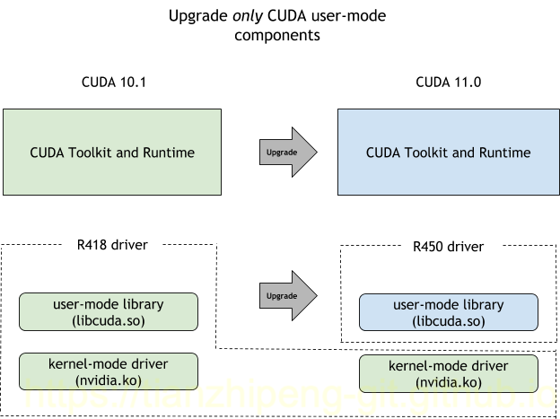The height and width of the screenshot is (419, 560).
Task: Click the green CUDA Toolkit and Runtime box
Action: (x=112, y=152)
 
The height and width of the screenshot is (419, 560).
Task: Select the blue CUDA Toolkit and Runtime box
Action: (x=448, y=152)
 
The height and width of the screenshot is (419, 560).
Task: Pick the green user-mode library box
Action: (x=108, y=311)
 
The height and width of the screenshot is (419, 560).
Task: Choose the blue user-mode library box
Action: (x=448, y=312)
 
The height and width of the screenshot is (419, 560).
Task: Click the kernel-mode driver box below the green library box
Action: (x=108, y=371)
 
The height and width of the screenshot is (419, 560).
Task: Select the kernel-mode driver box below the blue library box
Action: (x=448, y=373)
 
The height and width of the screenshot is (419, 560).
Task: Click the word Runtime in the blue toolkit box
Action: (x=504, y=153)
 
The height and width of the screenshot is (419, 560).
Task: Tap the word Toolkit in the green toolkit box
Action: (x=92, y=153)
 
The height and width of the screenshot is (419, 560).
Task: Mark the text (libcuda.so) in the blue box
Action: (x=448, y=321)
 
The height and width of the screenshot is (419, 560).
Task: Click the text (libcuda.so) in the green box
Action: (x=108, y=320)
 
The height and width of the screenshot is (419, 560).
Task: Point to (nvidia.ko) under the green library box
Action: (x=108, y=380)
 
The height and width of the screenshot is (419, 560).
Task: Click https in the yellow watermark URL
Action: (x=63, y=396)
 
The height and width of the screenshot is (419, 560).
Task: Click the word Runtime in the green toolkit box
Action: (x=169, y=153)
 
